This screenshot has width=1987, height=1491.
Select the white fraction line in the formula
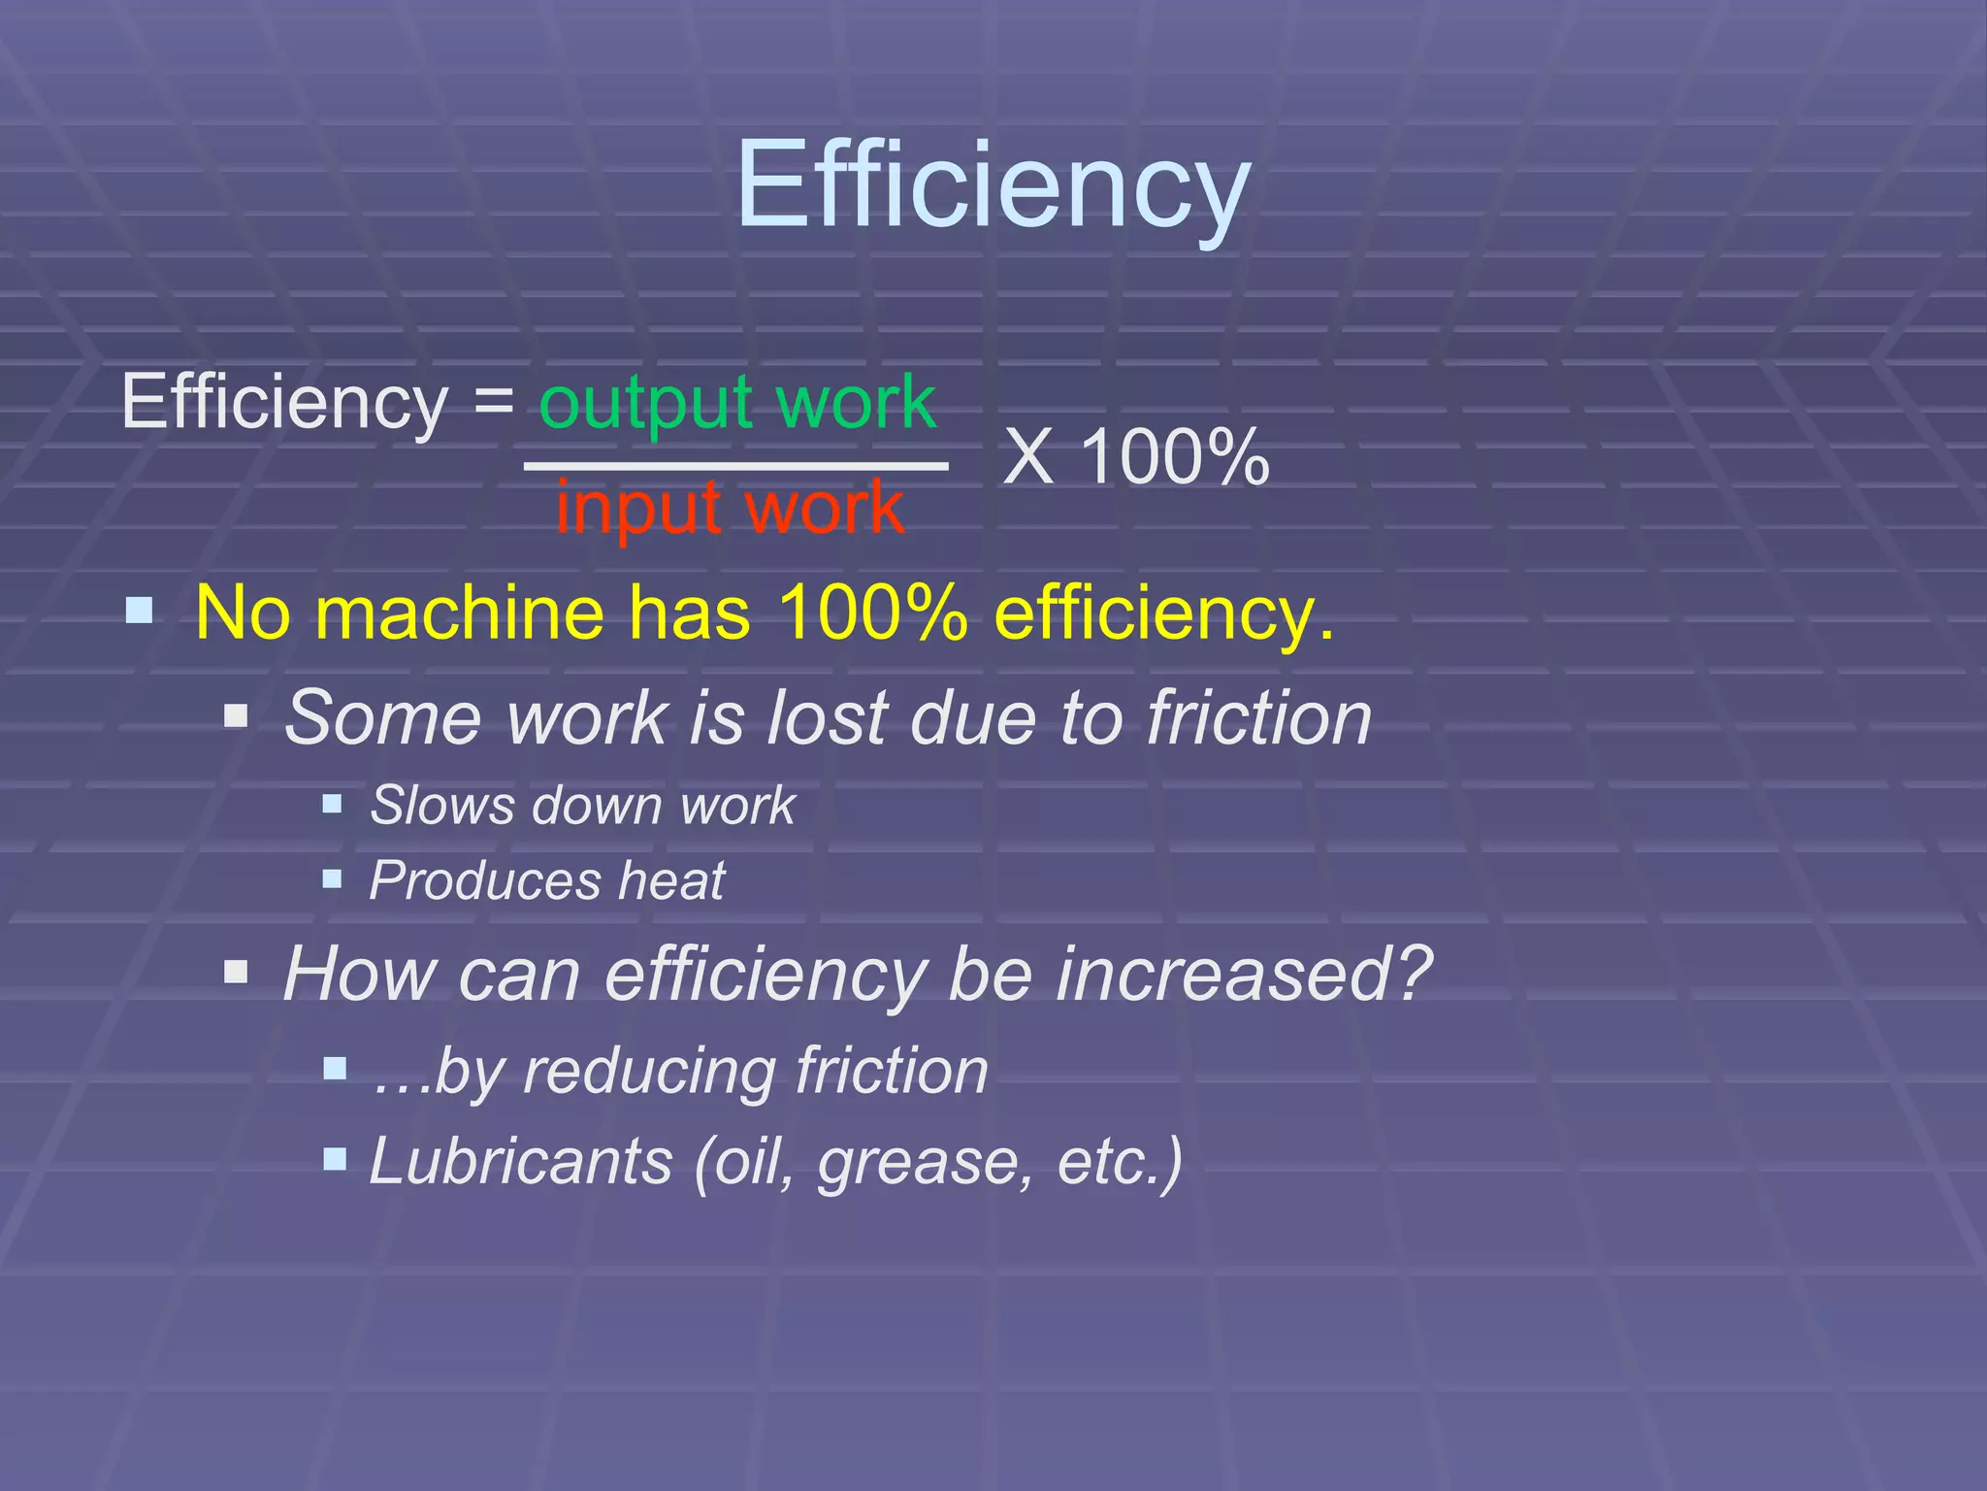(735, 467)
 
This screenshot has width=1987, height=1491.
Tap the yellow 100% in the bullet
(872, 613)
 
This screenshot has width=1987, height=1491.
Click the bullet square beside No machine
(140, 611)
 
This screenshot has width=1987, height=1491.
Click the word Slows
(441, 805)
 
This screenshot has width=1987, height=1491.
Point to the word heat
(671, 880)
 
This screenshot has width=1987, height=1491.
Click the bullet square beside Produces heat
(332, 878)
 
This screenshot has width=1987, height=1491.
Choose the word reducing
(650, 1072)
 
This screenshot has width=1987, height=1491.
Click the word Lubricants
(521, 1161)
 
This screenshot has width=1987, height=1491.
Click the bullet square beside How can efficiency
(236, 971)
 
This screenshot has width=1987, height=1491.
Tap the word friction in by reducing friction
(892, 1072)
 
